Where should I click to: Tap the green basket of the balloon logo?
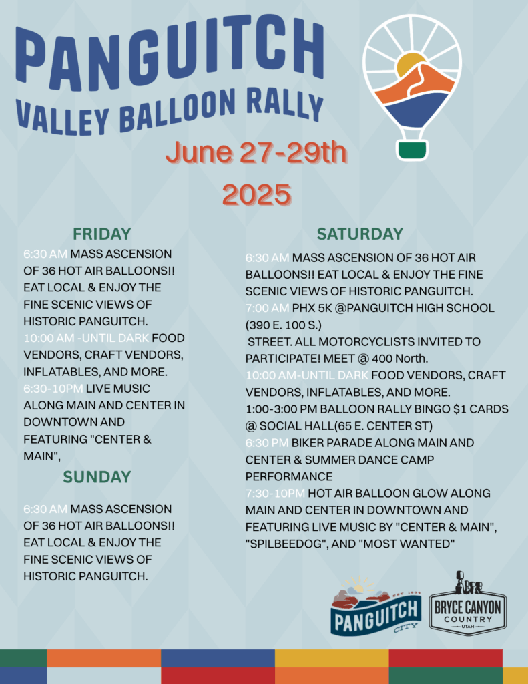point(412,150)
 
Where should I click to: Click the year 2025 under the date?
point(256,194)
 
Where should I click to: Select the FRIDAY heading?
point(101,234)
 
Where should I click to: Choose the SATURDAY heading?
point(360,234)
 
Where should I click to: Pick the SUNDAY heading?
point(97,477)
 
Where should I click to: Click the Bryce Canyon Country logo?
point(467,604)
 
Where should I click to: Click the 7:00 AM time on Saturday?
point(267,308)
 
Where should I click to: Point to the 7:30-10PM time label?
point(275,494)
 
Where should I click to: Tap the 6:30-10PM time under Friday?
point(53,389)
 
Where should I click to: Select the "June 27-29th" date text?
point(256,152)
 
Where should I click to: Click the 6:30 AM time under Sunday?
point(45,509)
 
